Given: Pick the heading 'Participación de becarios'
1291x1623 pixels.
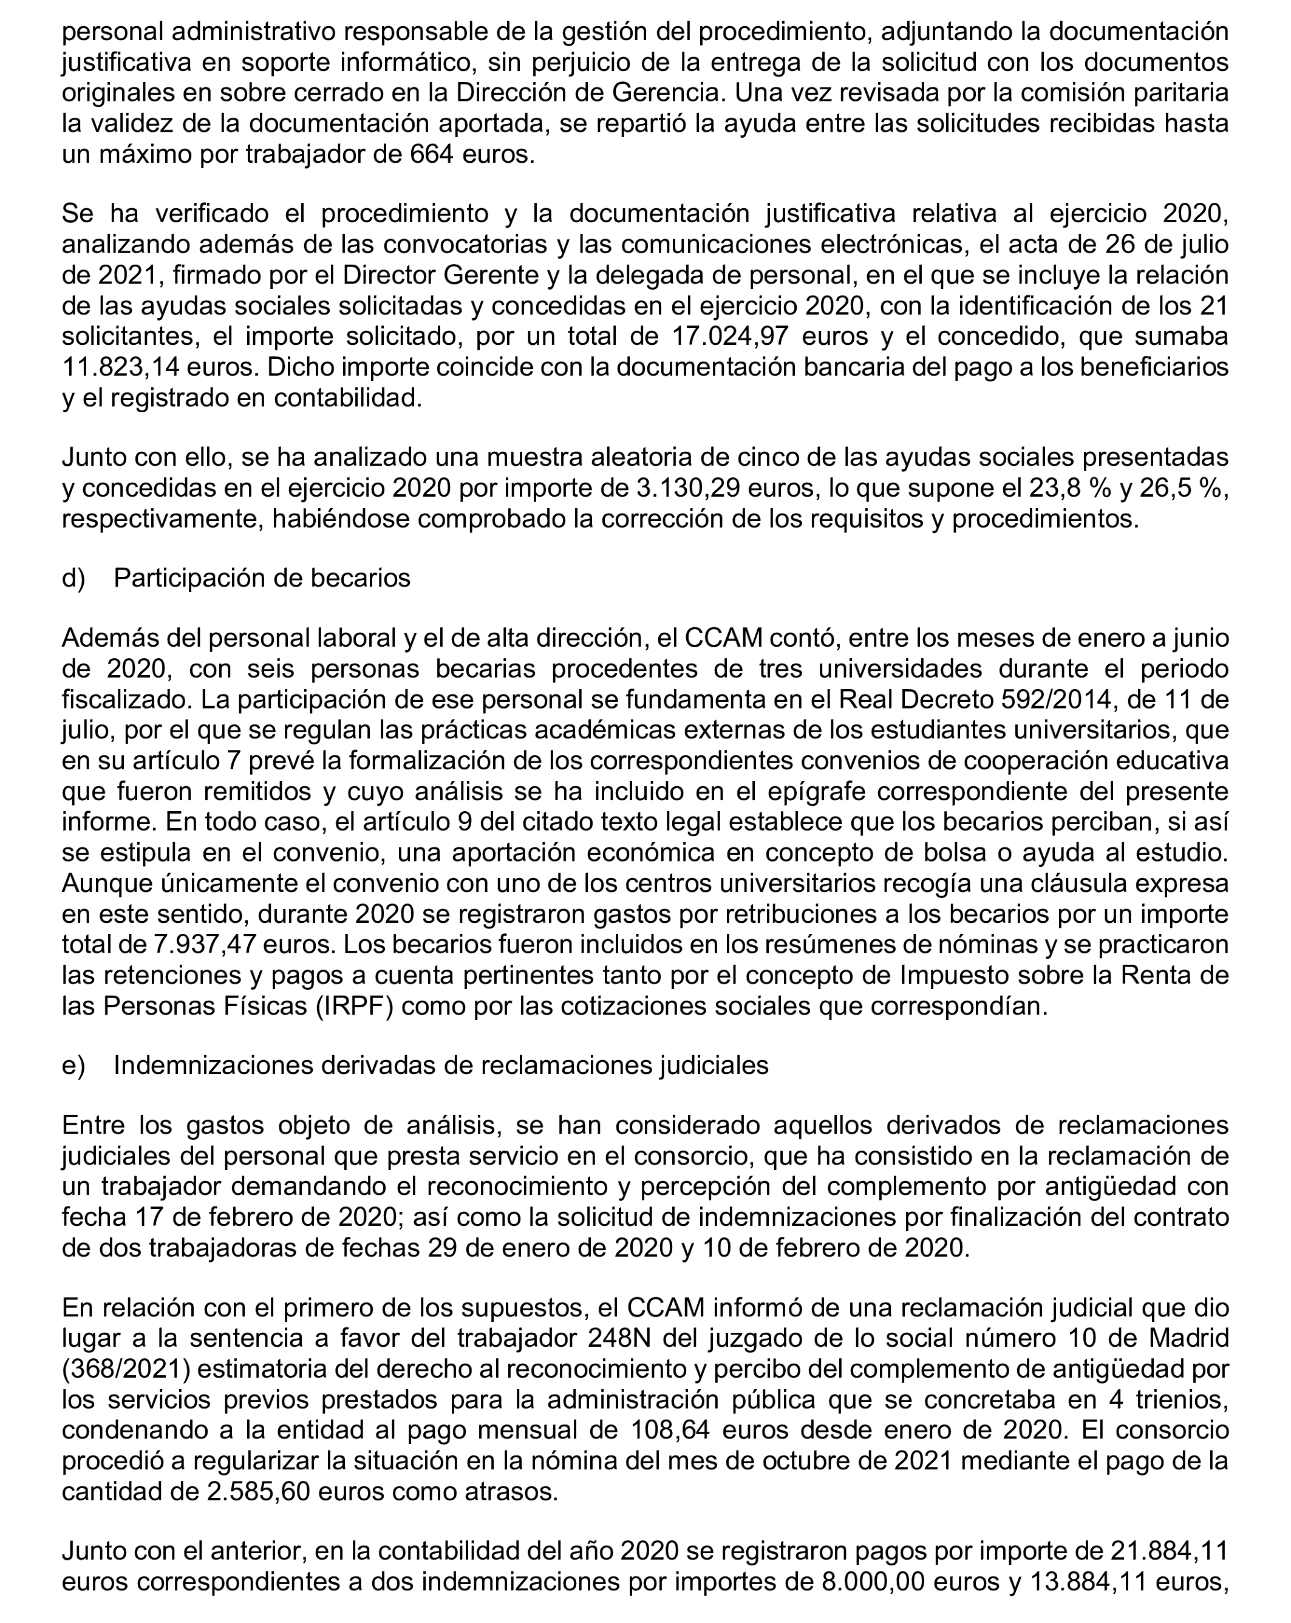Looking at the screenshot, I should pos(262,577).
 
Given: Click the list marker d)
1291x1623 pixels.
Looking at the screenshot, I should pos(73,577).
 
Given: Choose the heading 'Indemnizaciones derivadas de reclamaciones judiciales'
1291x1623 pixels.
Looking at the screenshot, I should pos(440,1065).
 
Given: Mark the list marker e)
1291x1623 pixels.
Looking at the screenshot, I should pos(73,1065).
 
